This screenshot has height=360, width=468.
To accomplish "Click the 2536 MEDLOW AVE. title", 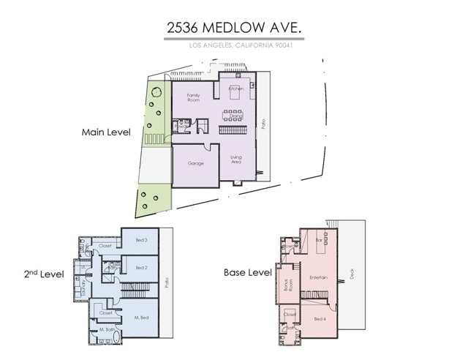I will click(233, 29).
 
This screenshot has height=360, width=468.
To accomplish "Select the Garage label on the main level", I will click(195, 162).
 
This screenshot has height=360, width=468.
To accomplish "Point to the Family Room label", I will click(193, 97).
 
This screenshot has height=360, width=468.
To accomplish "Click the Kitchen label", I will click(235, 89).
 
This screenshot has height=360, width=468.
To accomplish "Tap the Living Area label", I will click(236, 159).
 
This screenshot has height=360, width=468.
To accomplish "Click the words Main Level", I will click(105, 133).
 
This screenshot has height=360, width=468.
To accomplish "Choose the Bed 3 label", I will click(142, 240).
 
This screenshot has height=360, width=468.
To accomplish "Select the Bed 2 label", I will click(142, 268).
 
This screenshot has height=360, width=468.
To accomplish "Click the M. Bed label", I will click(141, 317).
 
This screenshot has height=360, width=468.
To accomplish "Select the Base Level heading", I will click(247, 272).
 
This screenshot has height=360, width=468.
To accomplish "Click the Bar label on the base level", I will click(318, 239).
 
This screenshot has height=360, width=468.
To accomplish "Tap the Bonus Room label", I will click(288, 283).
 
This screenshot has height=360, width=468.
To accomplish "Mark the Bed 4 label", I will click(319, 320).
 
